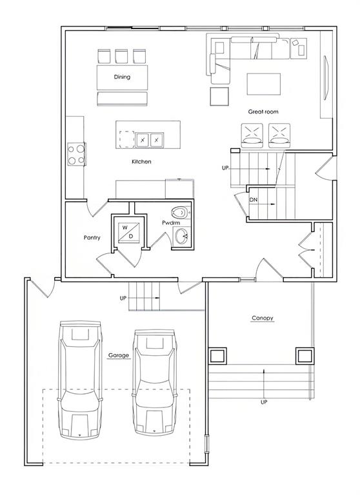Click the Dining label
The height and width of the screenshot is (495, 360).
(x=122, y=77)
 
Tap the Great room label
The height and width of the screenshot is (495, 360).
(x=263, y=112)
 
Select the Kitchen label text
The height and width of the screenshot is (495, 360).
(x=141, y=162)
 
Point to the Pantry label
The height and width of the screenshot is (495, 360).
(x=92, y=237)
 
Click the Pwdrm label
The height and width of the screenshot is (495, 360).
(x=171, y=223)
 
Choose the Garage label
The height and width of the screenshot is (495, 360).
(x=119, y=356)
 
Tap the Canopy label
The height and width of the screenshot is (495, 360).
(x=263, y=318)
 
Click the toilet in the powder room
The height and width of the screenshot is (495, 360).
(x=181, y=213)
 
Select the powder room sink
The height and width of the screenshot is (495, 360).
(x=181, y=236)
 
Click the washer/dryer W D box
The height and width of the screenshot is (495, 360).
(x=129, y=232)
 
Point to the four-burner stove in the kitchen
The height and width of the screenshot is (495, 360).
(x=77, y=154)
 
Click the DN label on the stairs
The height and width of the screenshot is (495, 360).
(x=253, y=200)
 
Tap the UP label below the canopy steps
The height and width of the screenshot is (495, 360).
(x=264, y=402)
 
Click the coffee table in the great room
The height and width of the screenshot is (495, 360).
(x=264, y=84)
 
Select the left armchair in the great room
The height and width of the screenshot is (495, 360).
(x=252, y=135)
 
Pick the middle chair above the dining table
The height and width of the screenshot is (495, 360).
(x=121, y=56)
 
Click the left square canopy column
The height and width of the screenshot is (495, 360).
(x=217, y=356)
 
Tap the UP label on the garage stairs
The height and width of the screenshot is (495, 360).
(x=123, y=298)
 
